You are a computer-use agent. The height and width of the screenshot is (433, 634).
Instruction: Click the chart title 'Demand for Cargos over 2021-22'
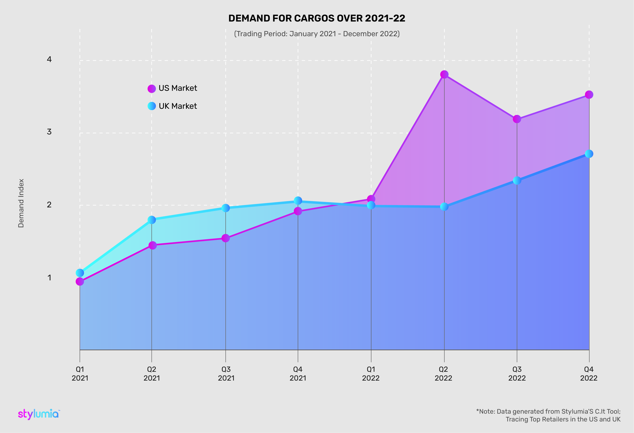click(x=317, y=18)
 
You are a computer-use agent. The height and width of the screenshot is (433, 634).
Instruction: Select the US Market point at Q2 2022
click(x=444, y=74)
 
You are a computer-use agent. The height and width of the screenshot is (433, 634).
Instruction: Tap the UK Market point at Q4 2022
click(x=589, y=154)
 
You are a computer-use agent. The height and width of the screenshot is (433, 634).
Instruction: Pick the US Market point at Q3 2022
click(x=517, y=119)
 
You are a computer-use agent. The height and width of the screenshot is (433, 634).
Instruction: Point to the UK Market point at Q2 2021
click(x=152, y=220)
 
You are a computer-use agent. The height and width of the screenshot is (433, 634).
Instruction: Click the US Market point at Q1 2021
click(x=80, y=281)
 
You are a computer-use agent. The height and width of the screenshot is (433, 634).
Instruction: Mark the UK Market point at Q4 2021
click(x=298, y=201)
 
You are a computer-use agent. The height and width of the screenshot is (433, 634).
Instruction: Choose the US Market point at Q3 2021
click(x=226, y=238)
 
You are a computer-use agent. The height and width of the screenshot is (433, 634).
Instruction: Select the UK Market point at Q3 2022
click(x=517, y=181)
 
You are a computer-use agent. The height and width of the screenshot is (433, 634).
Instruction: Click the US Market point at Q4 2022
click(x=589, y=95)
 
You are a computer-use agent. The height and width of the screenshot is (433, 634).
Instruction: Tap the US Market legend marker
click(x=152, y=89)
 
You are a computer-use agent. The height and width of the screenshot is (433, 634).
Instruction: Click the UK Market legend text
click(x=178, y=106)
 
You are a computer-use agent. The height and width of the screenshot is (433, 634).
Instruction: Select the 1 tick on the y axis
click(x=49, y=278)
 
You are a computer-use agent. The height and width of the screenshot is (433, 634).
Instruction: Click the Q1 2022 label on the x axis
click(x=371, y=374)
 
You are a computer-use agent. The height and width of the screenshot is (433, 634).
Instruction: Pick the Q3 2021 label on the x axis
click(x=226, y=374)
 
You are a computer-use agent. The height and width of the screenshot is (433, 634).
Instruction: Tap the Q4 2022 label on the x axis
click(x=589, y=374)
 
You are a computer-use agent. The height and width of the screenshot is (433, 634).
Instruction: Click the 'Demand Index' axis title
click(x=21, y=203)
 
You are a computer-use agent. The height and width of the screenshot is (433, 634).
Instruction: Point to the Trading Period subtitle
click(x=317, y=34)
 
